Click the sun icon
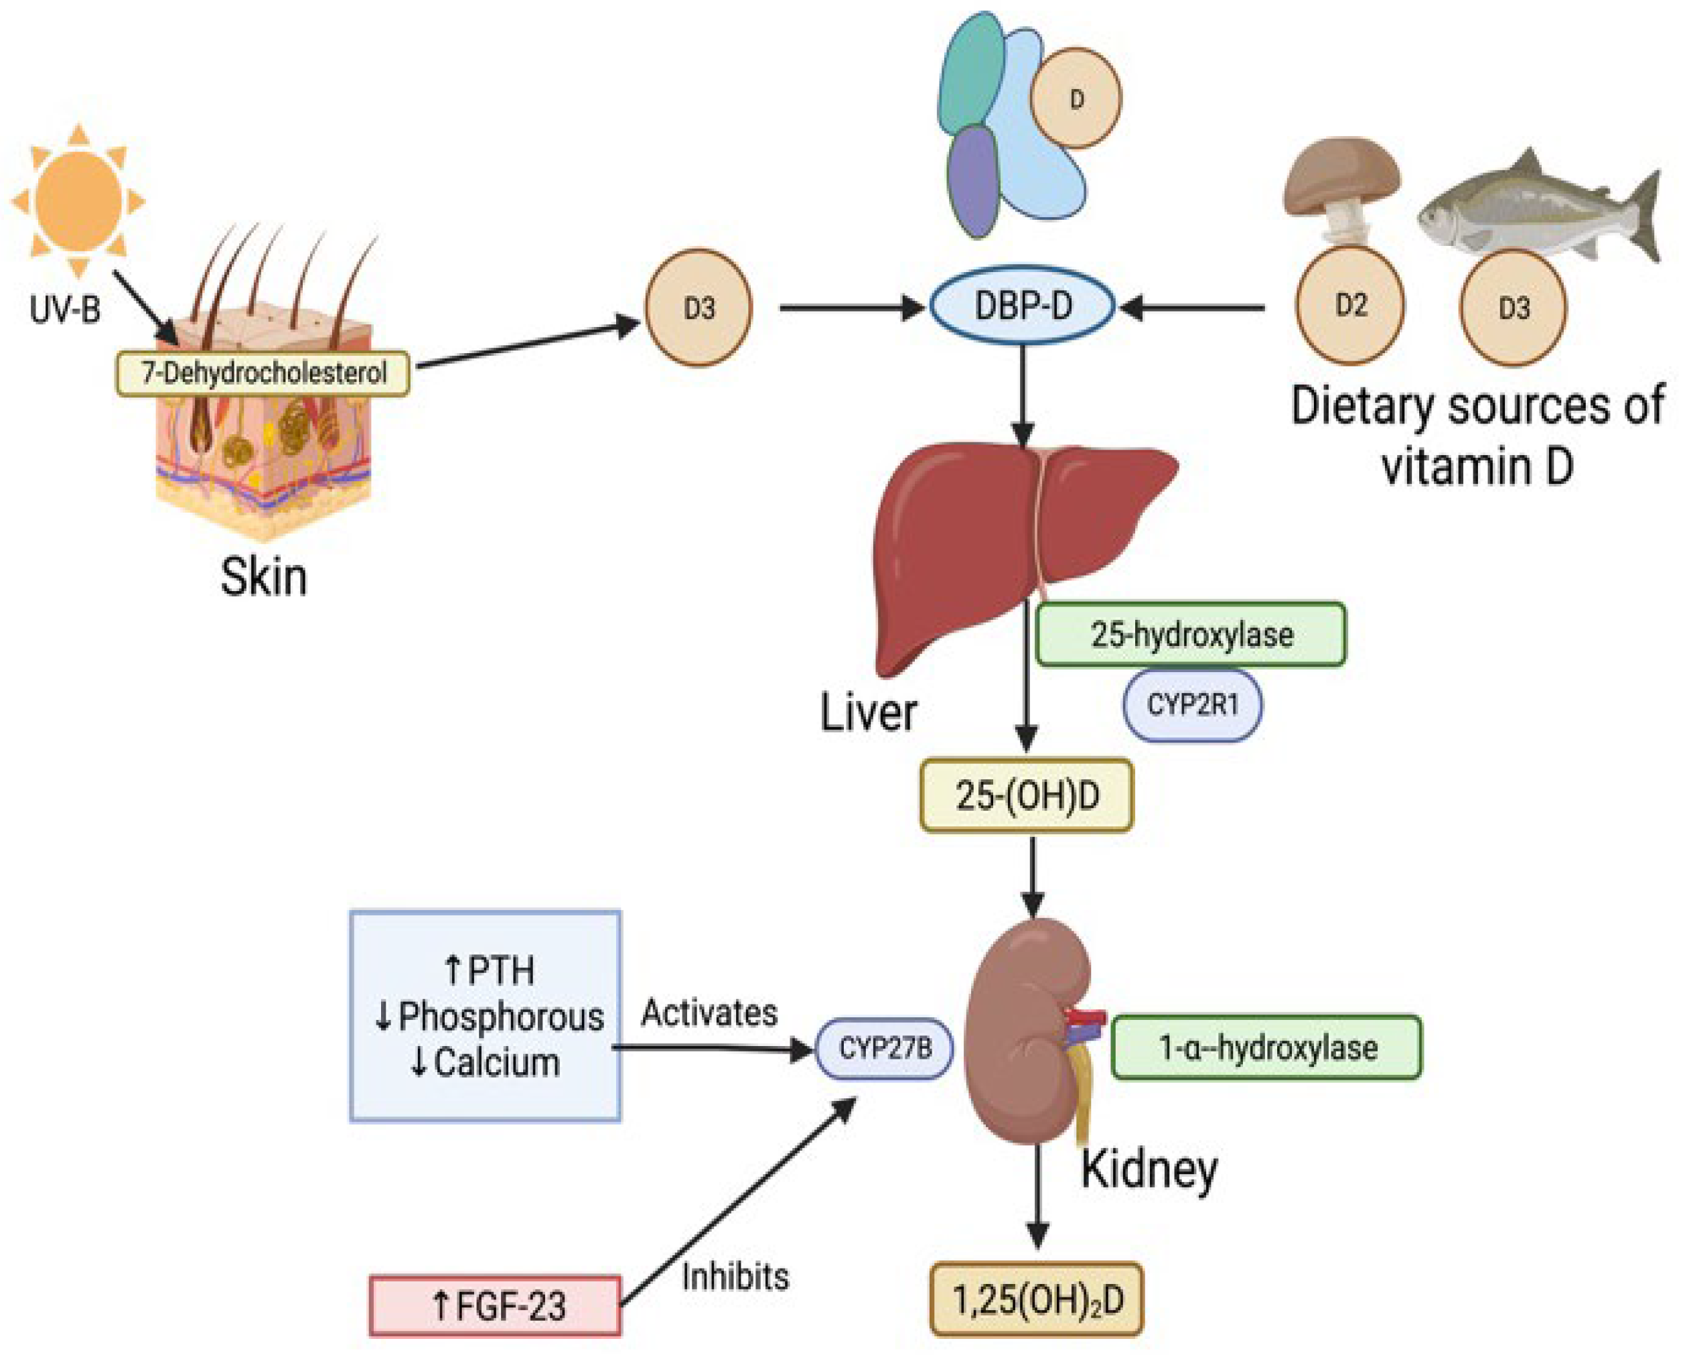(78, 200)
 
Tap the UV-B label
(66, 310)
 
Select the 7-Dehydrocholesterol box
(263, 373)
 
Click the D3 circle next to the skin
(699, 308)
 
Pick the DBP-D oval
(1022, 306)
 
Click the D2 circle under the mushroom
(1349, 305)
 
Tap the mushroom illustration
(1341, 188)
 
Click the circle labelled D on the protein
(1076, 99)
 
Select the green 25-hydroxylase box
(1190, 634)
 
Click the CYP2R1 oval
(1192, 705)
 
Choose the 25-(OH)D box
(1026, 795)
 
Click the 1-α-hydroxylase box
(1266, 1047)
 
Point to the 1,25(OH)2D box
(1036, 1299)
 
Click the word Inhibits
(735, 1277)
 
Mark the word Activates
(709, 1013)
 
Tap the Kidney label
(1149, 1171)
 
